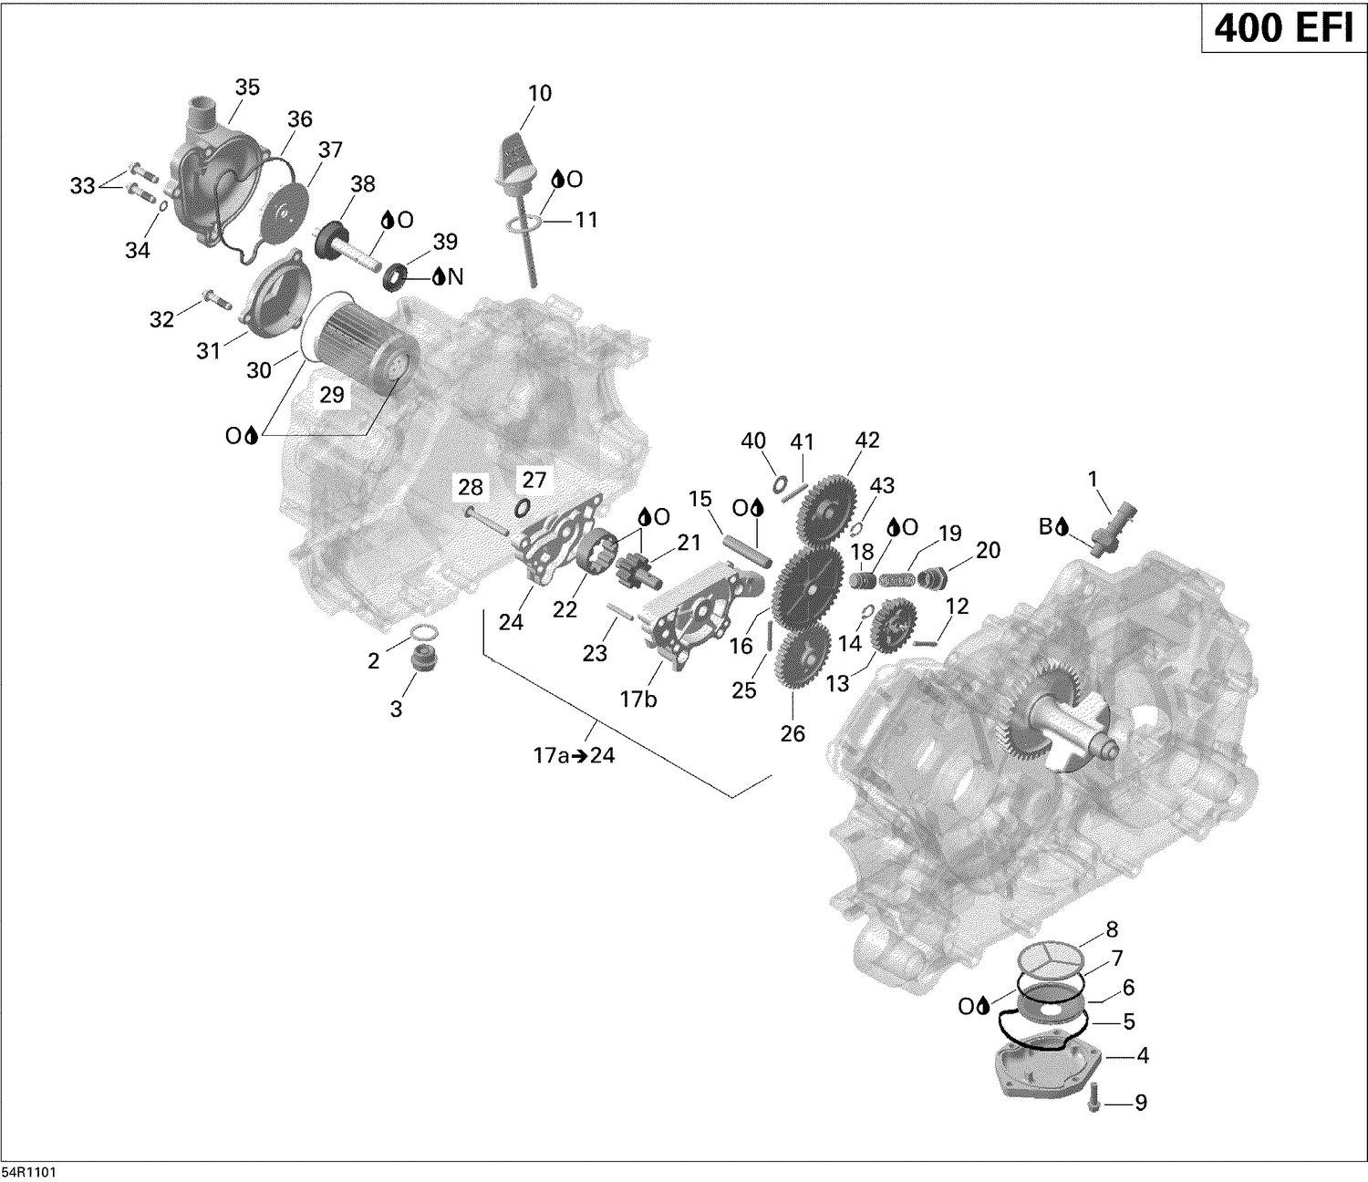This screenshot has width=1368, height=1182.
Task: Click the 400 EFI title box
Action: click(x=1283, y=29)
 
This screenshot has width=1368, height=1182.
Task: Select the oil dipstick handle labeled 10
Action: click(x=516, y=151)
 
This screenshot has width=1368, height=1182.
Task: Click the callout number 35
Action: click(x=247, y=88)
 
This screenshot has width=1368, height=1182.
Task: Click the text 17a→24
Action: click(x=574, y=755)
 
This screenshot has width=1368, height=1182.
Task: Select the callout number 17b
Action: click(x=638, y=700)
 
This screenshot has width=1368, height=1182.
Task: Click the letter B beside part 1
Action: click(x=1045, y=526)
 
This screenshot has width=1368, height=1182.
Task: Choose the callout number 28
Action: click(x=471, y=487)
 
